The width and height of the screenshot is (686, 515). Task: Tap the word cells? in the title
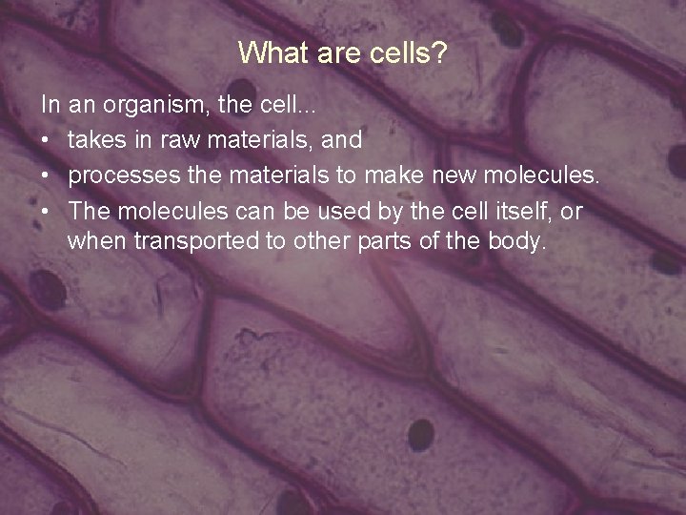click(409, 52)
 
